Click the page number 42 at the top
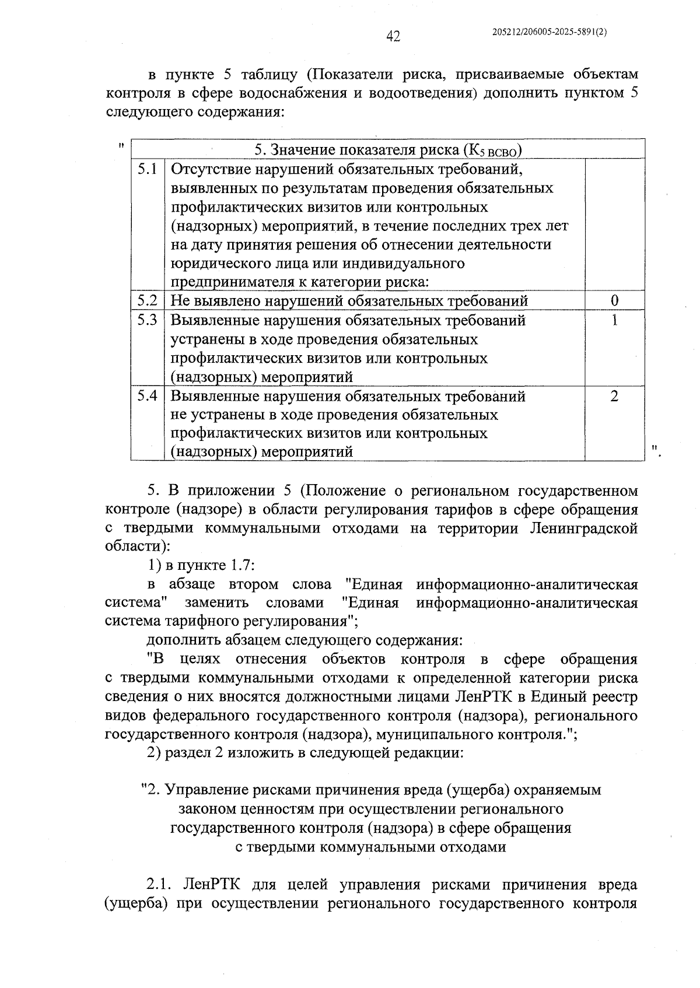[393, 36]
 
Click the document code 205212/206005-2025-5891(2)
[550, 33]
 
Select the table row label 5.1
[148, 170]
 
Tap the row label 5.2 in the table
[148, 301]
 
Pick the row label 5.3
[148, 320]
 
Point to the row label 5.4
[148, 396]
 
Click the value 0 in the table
[614, 301]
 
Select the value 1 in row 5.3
[614, 320]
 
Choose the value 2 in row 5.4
[614, 396]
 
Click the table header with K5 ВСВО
[388, 150]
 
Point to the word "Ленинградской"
[584, 528]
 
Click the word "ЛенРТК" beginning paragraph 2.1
[209, 885]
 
